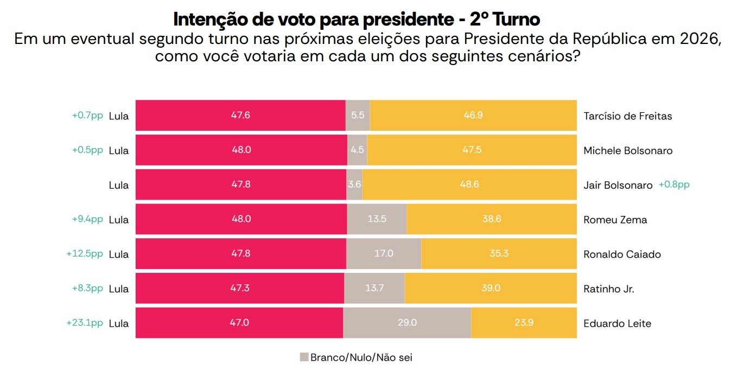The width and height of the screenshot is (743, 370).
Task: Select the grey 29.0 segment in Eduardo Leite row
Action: (407, 323)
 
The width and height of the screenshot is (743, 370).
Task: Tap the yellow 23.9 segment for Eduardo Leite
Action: (524, 323)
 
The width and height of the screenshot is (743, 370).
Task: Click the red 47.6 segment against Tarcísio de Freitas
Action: (240, 116)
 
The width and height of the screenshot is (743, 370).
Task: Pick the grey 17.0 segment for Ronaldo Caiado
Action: (384, 254)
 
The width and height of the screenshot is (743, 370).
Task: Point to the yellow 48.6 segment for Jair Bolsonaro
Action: (469, 185)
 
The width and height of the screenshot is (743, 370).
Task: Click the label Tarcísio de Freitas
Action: (627, 116)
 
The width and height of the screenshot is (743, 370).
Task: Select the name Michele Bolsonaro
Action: (628, 151)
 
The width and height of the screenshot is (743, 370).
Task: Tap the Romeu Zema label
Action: (615, 220)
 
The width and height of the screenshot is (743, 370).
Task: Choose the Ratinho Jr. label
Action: (608, 289)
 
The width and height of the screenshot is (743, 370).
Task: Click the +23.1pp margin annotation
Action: (85, 323)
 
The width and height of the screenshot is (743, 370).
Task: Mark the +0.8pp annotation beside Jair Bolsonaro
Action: (674, 184)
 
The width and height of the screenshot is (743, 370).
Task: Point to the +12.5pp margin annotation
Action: (85, 254)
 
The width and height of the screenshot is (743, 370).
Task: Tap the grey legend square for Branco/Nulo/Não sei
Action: (304, 357)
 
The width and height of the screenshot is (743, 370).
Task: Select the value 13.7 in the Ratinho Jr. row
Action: (374, 289)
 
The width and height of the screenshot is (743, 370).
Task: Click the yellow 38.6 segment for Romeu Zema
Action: (491, 220)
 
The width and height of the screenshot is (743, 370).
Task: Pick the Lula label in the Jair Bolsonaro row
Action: (119, 186)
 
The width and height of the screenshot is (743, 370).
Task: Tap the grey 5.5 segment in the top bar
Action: (358, 116)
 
